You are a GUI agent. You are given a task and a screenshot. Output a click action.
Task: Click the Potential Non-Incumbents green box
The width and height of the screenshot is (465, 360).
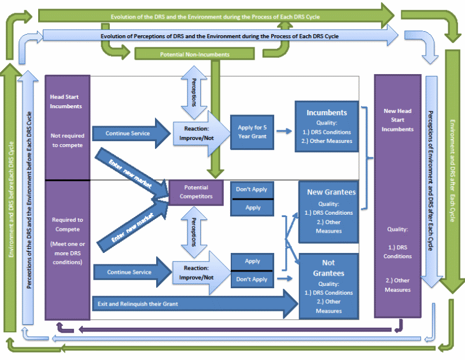pyautogui.click(x=194, y=54)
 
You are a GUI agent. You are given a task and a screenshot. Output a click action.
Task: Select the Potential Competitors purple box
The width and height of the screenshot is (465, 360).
pyautogui.click(x=195, y=192)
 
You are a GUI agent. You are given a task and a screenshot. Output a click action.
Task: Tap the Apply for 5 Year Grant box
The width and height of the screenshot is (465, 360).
pyautogui.click(x=253, y=131)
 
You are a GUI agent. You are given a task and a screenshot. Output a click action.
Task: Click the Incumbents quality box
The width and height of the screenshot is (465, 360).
pyautogui.click(x=327, y=127)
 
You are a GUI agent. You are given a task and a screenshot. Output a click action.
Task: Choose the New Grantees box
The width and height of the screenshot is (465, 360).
pyautogui.click(x=329, y=211)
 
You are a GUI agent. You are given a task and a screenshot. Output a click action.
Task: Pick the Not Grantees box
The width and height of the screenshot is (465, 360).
pyautogui.click(x=329, y=286)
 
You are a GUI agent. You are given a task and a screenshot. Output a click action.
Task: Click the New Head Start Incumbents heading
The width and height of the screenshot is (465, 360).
pyautogui.click(x=397, y=120)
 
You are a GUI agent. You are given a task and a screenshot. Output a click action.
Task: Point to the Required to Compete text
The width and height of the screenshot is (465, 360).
pyautogui.click(x=68, y=223)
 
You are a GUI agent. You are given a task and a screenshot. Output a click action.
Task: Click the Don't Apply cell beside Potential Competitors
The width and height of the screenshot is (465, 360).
pyautogui.click(x=253, y=189)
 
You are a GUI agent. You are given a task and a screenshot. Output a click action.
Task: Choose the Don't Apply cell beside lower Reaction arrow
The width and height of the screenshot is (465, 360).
pyautogui.click(x=253, y=279)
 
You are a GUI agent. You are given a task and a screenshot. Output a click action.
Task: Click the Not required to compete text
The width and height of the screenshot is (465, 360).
pyautogui.click(x=67, y=140)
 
